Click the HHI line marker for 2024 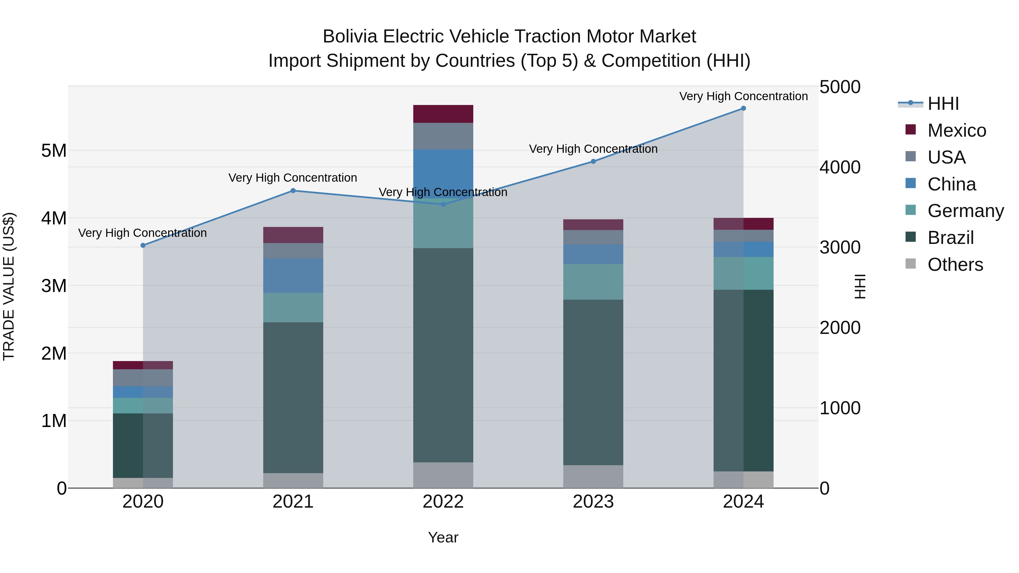click(743, 108)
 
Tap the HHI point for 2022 click(443, 205)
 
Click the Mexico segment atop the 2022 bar click(443, 114)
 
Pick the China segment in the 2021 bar click(293, 276)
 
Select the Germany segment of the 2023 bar click(593, 282)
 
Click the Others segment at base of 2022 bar click(443, 475)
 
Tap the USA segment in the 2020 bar click(143, 378)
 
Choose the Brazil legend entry click(950, 238)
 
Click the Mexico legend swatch click(911, 130)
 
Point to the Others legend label click(955, 265)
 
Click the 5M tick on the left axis click(54, 151)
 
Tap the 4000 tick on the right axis click(840, 167)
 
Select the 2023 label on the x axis click(593, 502)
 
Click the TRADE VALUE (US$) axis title click(9, 286)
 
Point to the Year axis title click(443, 537)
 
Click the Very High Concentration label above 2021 click(293, 178)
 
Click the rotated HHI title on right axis click(860, 286)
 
